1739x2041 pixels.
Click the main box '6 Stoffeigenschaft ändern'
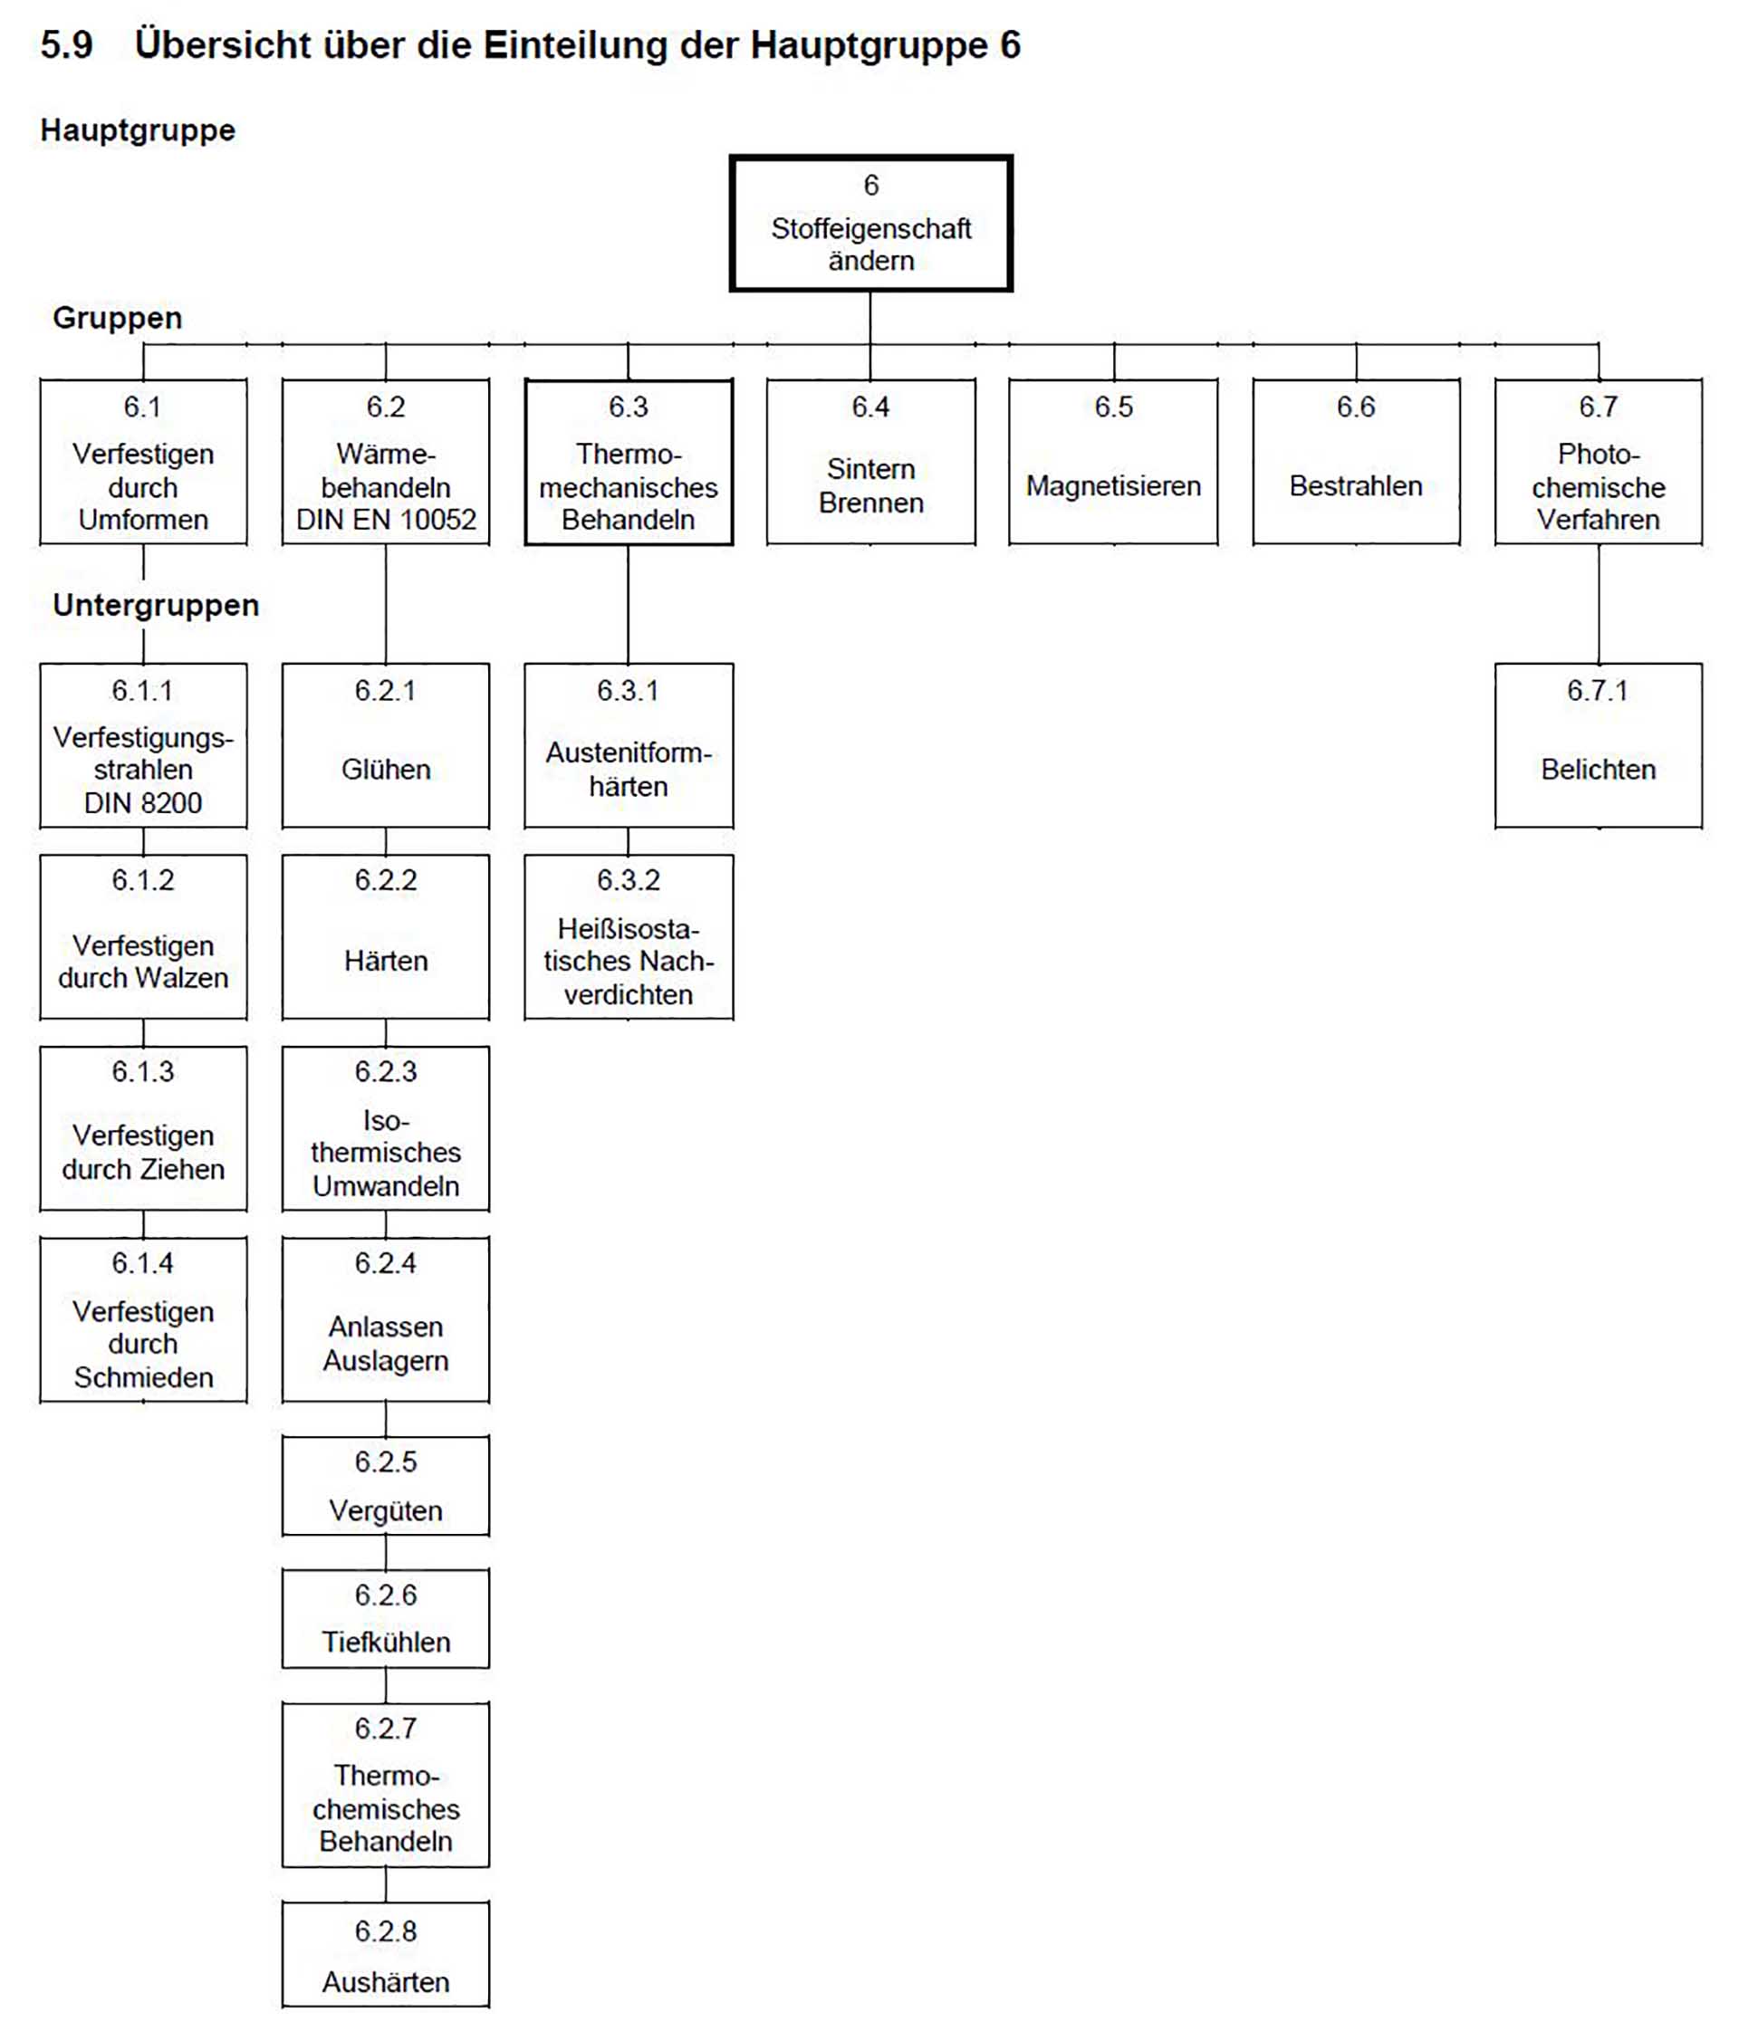click(870, 223)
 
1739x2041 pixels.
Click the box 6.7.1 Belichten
click(1597, 744)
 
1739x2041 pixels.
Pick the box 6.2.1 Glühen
click(385, 744)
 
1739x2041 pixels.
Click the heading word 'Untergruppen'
click(156, 605)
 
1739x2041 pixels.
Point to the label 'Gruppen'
click(117, 317)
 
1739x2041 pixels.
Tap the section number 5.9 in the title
click(66, 45)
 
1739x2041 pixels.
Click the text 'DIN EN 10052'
click(385, 519)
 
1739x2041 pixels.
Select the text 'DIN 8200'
click(143, 803)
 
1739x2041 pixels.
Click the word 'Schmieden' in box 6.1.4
click(143, 1376)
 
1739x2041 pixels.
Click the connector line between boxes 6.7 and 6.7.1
click(1597, 603)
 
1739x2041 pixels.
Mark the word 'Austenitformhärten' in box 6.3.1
click(628, 770)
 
